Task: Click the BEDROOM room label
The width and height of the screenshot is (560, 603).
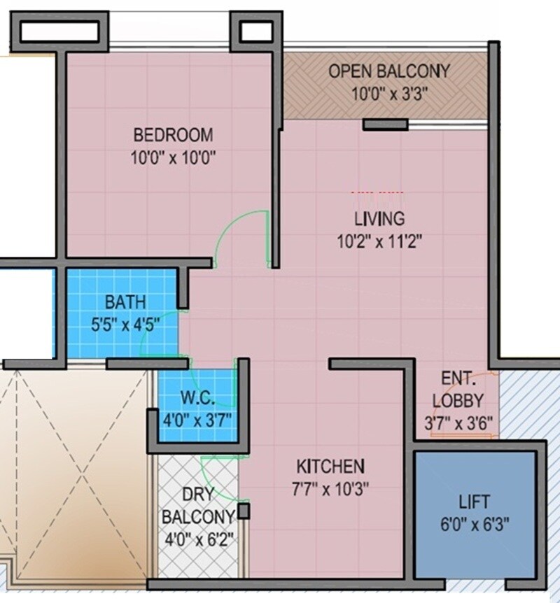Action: tap(173, 134)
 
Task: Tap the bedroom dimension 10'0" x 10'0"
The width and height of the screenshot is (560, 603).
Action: tap(173, 157)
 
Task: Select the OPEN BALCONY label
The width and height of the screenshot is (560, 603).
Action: tap(389, 71)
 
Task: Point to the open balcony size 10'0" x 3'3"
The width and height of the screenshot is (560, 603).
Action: tap(389, 94)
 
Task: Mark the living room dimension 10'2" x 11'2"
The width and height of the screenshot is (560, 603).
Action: tap(378, 242)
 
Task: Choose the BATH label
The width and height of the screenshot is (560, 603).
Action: tap(125, 302)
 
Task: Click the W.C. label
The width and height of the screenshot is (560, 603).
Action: tap(197, 397)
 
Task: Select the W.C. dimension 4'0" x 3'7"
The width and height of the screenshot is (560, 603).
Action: tap(197, 420)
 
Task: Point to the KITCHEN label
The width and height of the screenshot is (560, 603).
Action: tap(330, 466)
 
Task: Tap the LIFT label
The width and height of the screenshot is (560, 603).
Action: tap(474, 502)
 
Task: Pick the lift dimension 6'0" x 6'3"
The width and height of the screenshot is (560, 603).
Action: tap(474, 525)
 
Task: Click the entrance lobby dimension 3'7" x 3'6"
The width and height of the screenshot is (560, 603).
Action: tap(458, 423)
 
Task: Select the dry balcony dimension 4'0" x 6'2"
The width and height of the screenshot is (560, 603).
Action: tap(198, 539)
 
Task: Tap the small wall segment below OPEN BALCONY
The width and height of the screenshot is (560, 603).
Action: tap(385, 125)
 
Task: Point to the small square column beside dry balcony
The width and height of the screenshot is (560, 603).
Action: tap(243, 511)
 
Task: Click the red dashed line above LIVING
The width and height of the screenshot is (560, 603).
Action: tap(377, 192)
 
